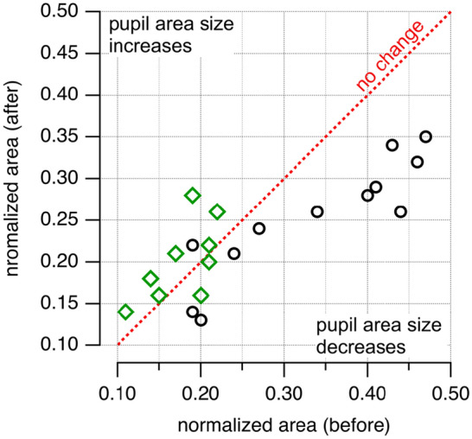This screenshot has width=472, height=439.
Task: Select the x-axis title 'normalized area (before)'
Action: (x=285, y=424)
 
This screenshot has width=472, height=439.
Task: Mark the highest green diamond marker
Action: (x=192, y=195)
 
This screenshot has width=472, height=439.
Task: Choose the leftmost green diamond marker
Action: (x=125, y=312)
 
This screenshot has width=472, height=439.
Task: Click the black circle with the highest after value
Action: (x=425, y=137)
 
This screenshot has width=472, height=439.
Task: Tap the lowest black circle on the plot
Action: (x=201, y=320)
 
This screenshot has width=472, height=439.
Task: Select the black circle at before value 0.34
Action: (x=317, y=212)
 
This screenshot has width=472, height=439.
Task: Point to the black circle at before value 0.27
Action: (x=258, y=228)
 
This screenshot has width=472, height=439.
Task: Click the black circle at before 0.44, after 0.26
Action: (x=400, y=212)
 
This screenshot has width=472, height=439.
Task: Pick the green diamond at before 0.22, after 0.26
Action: (x=217, y=212)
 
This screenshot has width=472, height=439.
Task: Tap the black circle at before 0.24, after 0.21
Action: (x=233, y=253)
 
